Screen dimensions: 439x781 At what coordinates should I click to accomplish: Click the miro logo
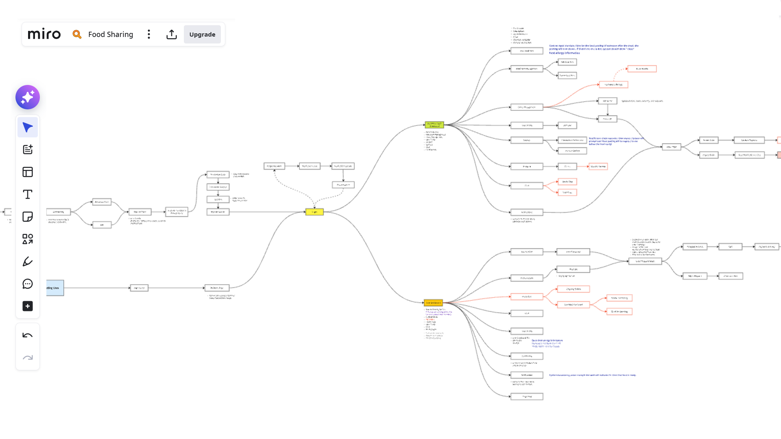tap(44, 34)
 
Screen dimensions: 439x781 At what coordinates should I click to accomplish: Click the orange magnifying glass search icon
tap(77, 34)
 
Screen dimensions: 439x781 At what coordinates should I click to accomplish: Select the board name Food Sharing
tap(111, 34)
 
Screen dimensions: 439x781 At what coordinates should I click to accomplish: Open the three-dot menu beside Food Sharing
tap(149, 34)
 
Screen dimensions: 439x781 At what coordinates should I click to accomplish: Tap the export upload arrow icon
tap(172, 34)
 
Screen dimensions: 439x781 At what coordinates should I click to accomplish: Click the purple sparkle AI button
tap(28, 97)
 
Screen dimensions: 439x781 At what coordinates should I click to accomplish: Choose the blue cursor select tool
tap(28, 127)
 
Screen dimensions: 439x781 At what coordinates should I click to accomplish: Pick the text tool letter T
tap(28, 194)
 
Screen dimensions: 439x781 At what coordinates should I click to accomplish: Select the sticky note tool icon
tap(28, 217)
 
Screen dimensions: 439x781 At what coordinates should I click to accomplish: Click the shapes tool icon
tap(28, 239)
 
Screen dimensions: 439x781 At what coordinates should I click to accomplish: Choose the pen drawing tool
tap(28, 261)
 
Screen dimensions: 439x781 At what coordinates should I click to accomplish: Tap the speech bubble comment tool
tap(28, 284)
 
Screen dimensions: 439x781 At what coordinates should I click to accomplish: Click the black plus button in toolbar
tap(28, 306)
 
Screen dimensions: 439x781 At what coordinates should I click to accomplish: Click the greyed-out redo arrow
tap(28, 358)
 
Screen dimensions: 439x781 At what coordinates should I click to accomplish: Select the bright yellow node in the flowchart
tap(314, 212)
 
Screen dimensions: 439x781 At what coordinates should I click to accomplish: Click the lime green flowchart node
tap(434, 125)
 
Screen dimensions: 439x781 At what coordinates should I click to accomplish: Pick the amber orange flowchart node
tap(433, 303)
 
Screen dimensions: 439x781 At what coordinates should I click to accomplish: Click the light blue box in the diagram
tap(55, 288)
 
